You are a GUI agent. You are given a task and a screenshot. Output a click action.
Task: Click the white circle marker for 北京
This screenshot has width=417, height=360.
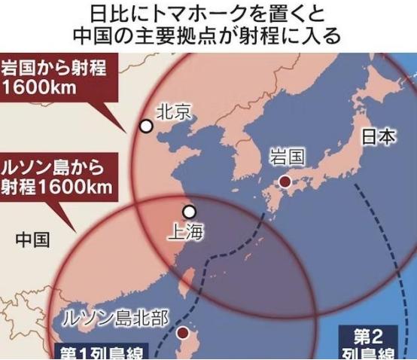[146, 127]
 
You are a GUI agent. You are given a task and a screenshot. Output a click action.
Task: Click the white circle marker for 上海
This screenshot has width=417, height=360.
[189, 212]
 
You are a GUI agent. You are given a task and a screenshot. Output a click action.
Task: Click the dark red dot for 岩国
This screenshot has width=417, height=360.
[285, 181]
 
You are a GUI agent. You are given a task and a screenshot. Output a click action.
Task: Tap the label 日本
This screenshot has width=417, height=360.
[379, 138]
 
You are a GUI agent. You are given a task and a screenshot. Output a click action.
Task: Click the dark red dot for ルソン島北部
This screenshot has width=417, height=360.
[182, 331]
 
